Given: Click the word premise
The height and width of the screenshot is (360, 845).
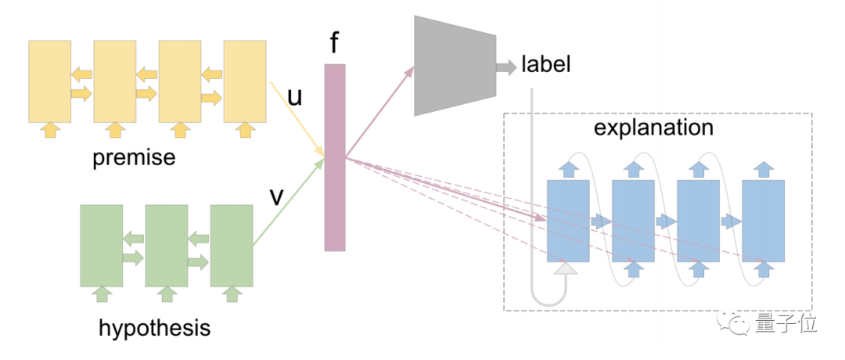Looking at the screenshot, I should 134,158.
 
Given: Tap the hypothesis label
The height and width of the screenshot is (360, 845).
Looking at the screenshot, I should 155,327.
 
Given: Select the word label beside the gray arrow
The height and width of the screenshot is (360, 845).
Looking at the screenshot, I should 546,64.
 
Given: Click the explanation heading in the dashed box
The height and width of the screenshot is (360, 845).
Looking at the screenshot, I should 653,127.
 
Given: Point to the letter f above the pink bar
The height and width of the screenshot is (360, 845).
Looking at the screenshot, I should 334,43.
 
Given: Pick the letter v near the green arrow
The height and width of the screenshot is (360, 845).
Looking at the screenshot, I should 275,196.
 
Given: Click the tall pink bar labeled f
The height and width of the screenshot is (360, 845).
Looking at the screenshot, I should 335,157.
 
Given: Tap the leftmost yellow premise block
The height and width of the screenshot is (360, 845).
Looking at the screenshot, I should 49,81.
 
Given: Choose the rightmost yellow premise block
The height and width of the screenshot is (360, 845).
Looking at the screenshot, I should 245,81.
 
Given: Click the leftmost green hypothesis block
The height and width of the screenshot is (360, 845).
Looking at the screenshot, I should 101,245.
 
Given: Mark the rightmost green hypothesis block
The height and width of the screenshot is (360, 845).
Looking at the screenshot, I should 232,245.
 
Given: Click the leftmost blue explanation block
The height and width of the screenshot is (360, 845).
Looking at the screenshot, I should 568,220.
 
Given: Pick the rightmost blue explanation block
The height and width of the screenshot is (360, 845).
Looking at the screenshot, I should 763,220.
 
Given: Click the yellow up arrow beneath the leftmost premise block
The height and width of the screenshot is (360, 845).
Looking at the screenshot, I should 49,130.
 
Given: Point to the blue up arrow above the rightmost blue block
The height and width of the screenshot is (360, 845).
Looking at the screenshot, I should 763,169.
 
